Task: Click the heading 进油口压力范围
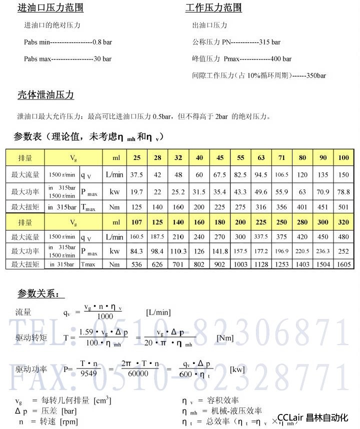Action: point(50,8)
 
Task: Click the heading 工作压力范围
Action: point(213,8)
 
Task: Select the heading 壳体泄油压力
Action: point(45,95)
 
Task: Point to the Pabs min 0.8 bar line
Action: point(68,42)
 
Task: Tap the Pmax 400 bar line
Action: point(241,59)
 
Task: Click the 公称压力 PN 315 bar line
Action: point(236,42)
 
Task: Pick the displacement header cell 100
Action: point(343,158)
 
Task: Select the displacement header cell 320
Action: point(343,222)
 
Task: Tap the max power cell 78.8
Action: point(343,191)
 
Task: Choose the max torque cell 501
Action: point(343,207)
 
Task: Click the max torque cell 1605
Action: point(343,264)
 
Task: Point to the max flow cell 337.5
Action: point(261,236)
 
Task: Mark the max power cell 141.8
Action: point(220,251)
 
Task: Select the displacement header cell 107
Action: point(136,222)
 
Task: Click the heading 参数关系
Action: point(38,293)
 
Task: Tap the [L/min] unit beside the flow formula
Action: point(158,312)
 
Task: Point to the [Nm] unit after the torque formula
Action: point(225,338)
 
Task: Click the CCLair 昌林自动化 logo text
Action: point(312,417)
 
